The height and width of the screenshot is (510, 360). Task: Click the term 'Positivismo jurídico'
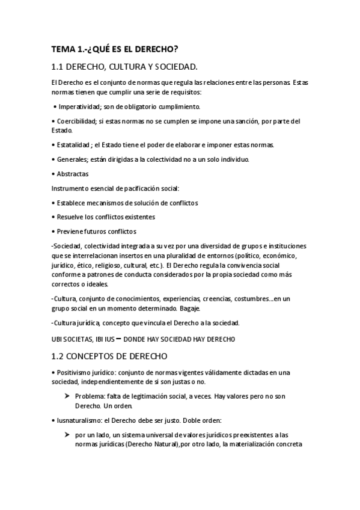coord(86,373)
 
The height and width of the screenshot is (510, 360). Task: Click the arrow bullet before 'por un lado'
coord(66,435)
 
